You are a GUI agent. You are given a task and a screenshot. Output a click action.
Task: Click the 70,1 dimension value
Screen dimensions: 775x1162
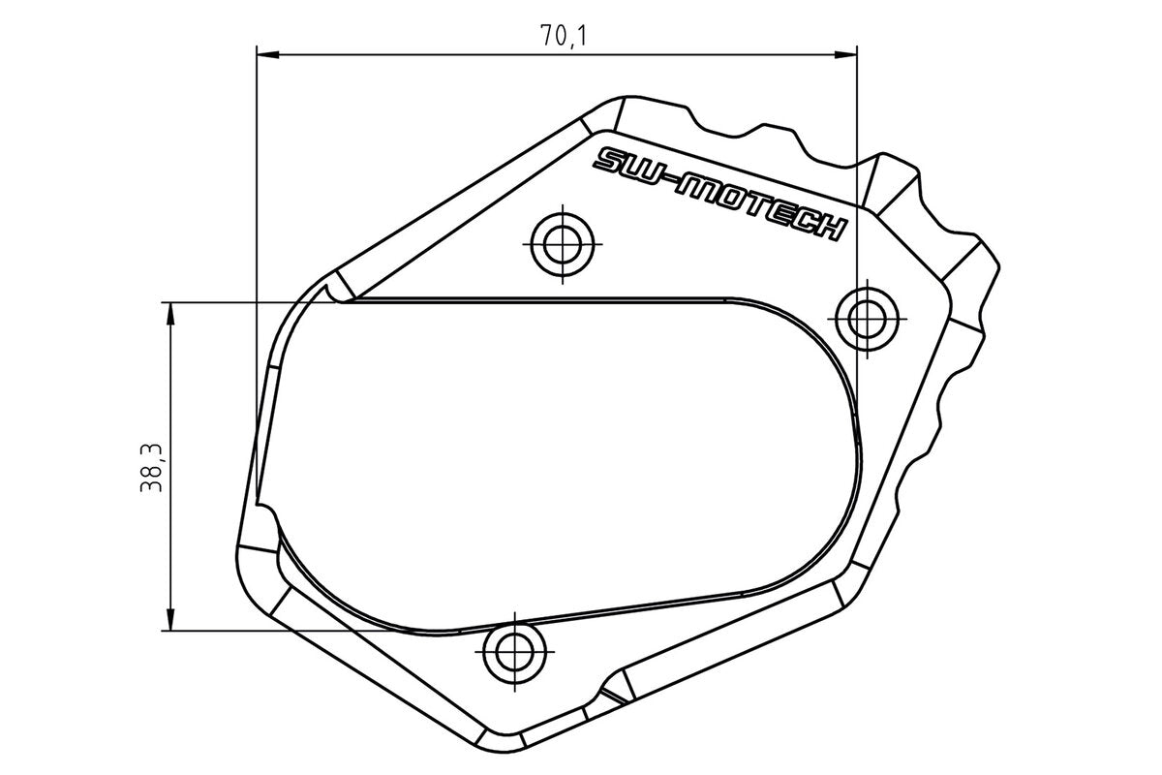pyautogui.click(x=566, y=36)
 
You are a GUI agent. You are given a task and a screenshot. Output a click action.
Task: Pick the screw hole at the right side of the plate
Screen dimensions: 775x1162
pyautogui.click(x=867, y=317)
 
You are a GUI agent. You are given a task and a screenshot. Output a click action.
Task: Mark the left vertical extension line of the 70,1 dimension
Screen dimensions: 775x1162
pyautogui.click(x=256, y=194)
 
